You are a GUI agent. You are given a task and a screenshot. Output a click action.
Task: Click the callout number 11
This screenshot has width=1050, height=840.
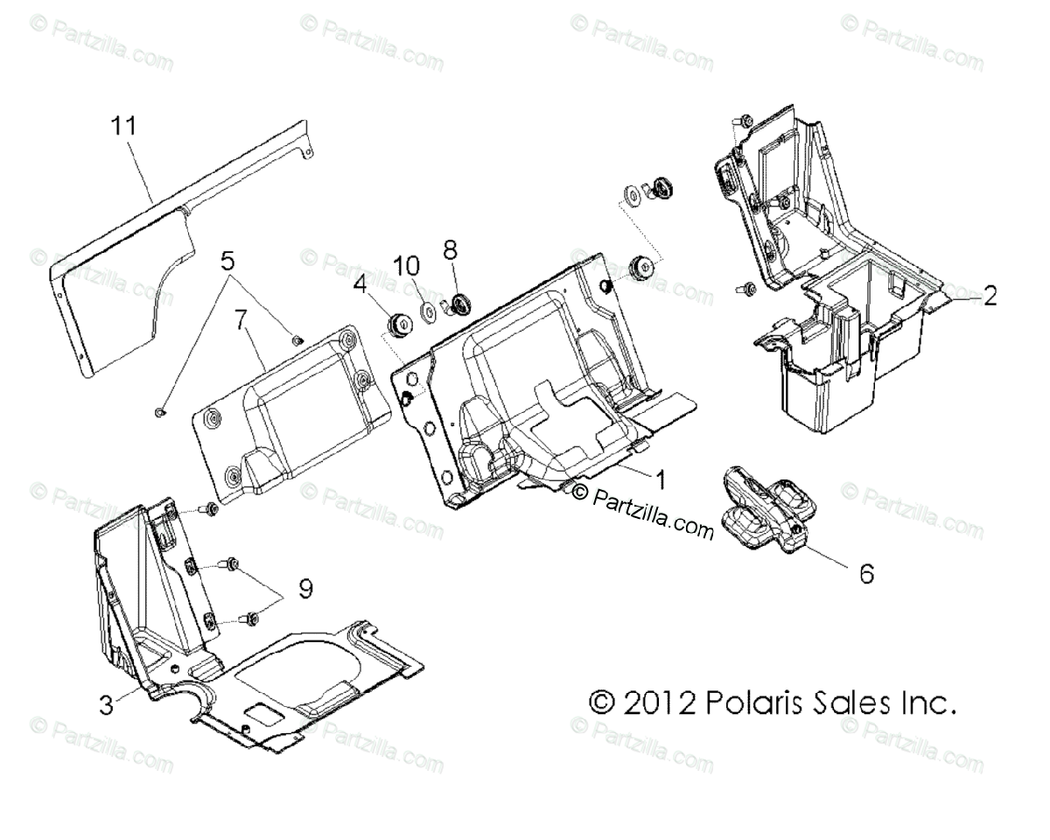coord(123,125)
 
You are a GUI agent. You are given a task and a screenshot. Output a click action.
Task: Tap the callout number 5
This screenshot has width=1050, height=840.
coord(227,261)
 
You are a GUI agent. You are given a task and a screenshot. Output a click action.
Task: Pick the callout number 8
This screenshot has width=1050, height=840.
coord(450,250)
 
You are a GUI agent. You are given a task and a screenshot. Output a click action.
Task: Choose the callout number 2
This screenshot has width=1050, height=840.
coord(989,297)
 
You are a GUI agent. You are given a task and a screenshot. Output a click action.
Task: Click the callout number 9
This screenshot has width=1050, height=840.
coord(304,590)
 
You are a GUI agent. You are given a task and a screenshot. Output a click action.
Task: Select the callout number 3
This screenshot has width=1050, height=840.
coord(105,704)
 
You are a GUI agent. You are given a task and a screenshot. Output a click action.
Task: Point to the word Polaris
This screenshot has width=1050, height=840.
coord(752,702)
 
